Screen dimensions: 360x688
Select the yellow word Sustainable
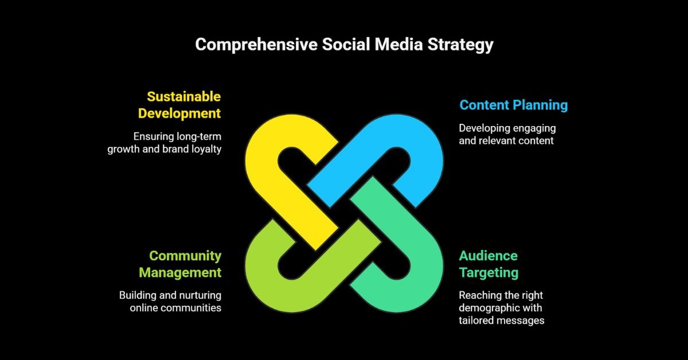(x=183, y=96)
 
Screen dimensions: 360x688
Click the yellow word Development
(x=179, y=113)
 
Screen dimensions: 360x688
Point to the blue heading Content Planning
(x=513, y=105)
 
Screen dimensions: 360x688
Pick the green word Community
(x=185, y=256)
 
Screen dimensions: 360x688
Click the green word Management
(x=179, y=272)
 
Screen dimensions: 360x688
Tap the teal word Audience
(x=488, y=256)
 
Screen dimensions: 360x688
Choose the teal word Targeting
(x=488, y=272)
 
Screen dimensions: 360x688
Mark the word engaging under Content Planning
(x=536, y=128)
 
